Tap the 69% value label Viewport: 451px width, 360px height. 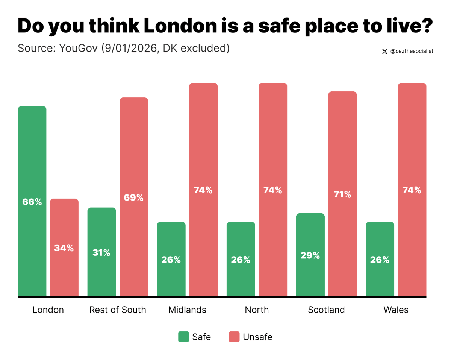point(134,197)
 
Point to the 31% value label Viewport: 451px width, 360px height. point(101,252)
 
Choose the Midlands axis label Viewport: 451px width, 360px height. point(187,310)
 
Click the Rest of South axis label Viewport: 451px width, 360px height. point(118,310)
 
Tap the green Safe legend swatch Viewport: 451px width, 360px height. point(183,337)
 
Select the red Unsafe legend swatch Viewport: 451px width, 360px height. point(234,337)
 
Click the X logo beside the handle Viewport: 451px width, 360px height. point(384,51)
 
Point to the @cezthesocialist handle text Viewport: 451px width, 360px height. point(412,51)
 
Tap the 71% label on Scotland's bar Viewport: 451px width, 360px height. point(342,194)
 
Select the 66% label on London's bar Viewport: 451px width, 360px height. point(32,202)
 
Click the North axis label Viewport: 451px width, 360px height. point(257,310)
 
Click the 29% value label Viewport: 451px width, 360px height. point(310,255)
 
